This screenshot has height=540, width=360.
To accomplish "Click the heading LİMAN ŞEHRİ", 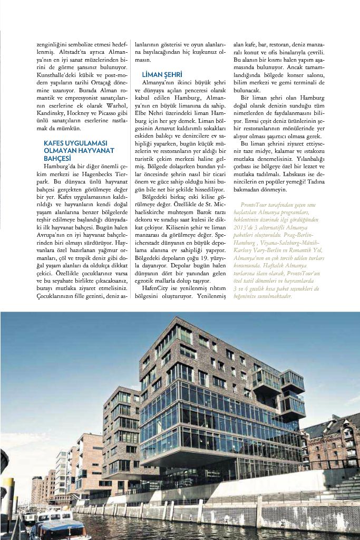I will [x=162, y=75].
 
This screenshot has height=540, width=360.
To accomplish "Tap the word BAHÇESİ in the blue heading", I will [x=57, y=158].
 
